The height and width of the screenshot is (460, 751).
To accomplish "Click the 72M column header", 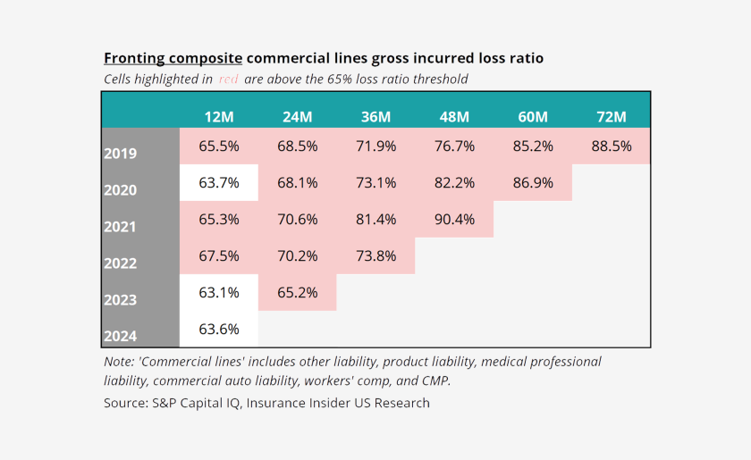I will point(611,117).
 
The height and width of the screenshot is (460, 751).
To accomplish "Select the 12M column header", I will point(219,117).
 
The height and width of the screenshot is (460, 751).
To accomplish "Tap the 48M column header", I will point(454,117).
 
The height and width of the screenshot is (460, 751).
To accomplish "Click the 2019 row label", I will point(120,154).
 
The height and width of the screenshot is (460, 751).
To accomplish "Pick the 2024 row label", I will point(120,337).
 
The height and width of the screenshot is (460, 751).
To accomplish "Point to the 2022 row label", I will point(120,263).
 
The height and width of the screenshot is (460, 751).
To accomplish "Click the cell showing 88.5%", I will point(611,146).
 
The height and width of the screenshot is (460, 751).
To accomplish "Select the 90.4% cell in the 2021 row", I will point(454,219).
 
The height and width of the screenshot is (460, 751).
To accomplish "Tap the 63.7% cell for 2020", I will point(219,182).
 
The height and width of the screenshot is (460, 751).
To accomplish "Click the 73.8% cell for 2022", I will point(375,255).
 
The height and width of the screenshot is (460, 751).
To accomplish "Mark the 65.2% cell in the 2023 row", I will point(297,292).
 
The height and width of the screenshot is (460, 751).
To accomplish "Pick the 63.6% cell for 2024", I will point(219,329).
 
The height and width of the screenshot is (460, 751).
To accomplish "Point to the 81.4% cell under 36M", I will point(375,219).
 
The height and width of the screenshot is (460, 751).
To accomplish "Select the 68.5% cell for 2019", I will point(297,146).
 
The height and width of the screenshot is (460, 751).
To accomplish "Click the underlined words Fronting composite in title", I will point(173,58).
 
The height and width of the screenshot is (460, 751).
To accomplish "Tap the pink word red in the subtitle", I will point(228,79).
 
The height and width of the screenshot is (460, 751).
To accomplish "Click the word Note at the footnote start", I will point(120,362).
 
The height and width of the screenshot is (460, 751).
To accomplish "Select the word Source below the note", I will point(125,403).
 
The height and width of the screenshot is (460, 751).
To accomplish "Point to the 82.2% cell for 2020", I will point(454,182).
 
